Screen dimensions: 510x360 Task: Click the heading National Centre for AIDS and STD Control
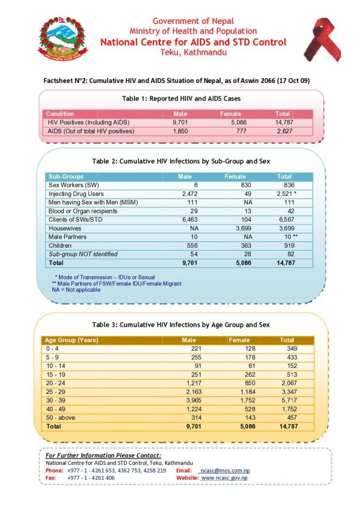(194, 42)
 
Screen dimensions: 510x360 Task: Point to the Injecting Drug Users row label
(76, 194)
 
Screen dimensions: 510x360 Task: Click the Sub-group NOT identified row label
(83, 254)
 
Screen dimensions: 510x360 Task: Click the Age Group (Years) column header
(71, 340)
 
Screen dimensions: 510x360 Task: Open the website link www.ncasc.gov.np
(224, 477)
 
